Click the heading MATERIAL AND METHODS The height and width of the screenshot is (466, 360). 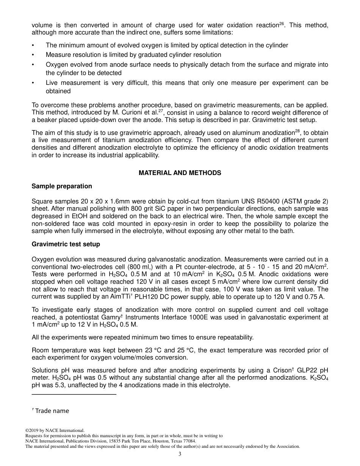point(180,173)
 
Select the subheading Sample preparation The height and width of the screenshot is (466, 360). point(62,186)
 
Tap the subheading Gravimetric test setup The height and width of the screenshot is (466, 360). point(66,244)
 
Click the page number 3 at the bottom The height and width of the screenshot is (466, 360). point(180,455)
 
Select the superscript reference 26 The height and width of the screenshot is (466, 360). point(282,24)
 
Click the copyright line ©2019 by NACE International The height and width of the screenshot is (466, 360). point(55,430)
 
